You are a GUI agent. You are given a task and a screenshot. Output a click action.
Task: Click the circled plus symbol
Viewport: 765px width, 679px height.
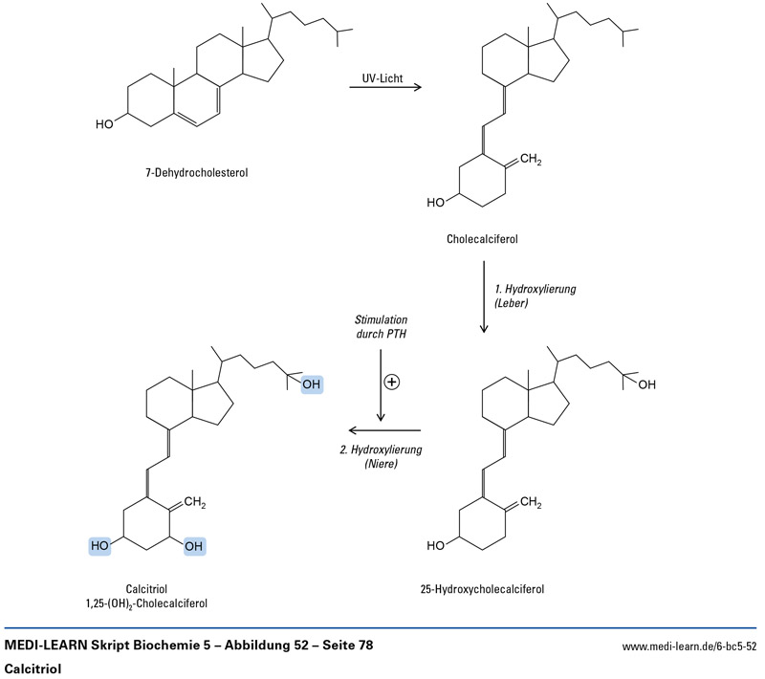[391, 381]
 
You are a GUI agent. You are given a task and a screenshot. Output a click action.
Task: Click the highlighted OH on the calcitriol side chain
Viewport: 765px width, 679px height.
[312, 384]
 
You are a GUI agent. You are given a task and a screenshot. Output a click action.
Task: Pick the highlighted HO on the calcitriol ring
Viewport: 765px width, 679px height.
[99, 546]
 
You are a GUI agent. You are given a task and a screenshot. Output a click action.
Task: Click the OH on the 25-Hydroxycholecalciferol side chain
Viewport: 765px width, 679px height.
[647, 384]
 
